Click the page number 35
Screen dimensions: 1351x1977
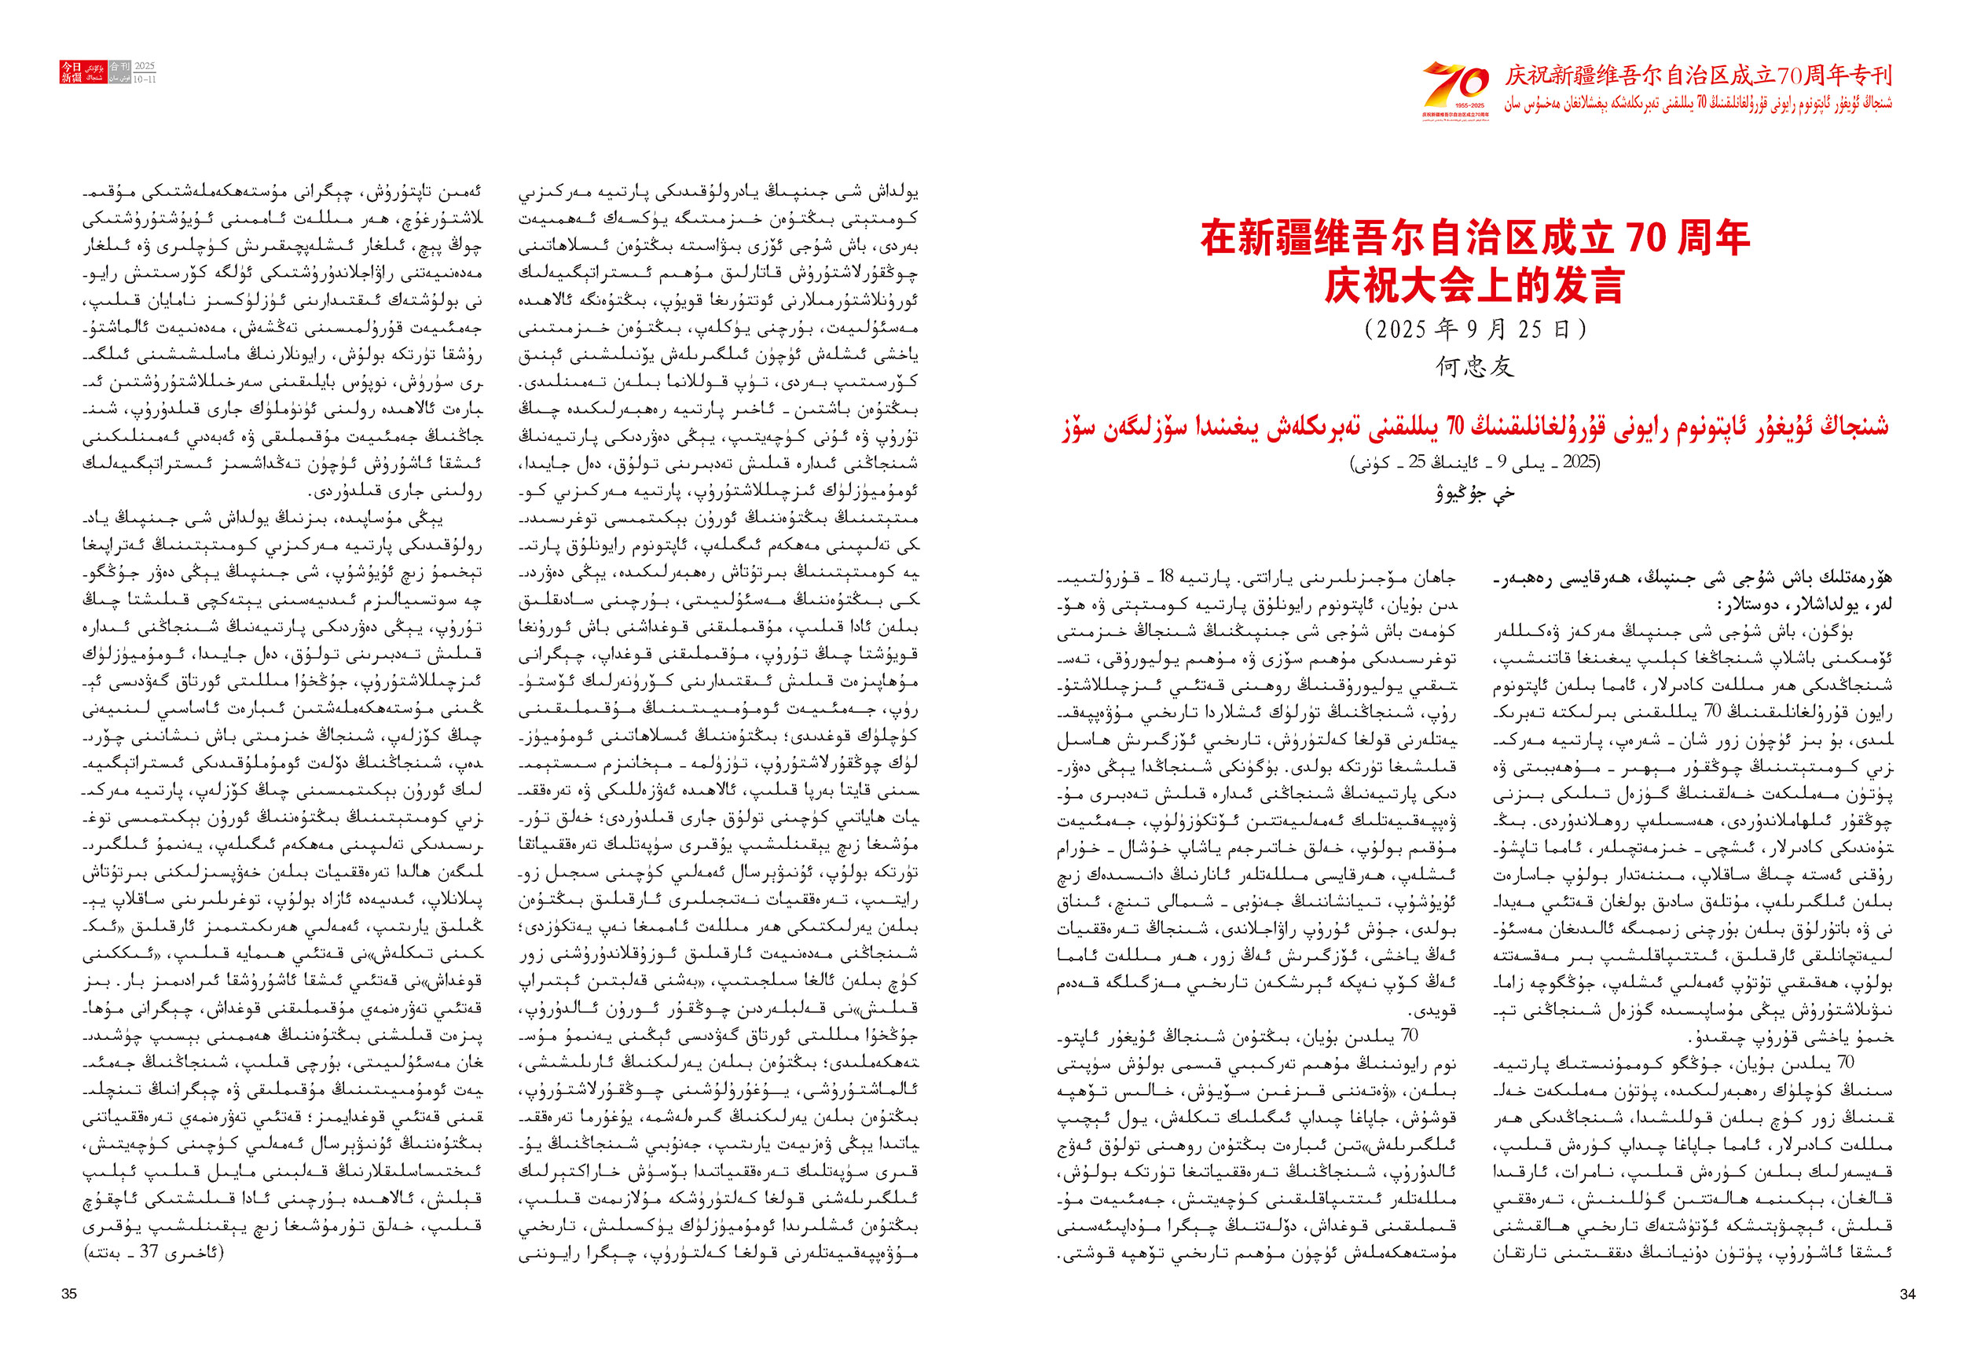pyautogui.click(x=69, y=1293)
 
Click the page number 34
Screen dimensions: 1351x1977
pyautogui.click(x=1907, y=1293)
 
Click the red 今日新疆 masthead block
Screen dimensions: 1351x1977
pyautogui.click(x=72, y=72)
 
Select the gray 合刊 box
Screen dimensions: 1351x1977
pyautogui.click(x=120, y=66)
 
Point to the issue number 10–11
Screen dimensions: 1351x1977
pyautogui.click(x=145, y=79)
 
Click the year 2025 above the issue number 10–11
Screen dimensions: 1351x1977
pyautogui.click(x=145, y=66)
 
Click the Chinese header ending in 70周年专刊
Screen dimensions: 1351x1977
pyautogui.click(x=1698, y=75)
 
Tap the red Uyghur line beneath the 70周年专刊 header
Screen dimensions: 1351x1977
pyautogui.click(x=1698, y=104)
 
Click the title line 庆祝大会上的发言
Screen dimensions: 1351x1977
pyautogui.click(x=1474, y=286)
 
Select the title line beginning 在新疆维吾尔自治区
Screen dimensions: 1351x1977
pyautogui.click(x=1474, y=238)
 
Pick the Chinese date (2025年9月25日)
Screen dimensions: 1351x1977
pyautogui.click(x=1474, y=329)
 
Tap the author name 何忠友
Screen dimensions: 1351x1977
pyautogui.click(x=1474, y=367)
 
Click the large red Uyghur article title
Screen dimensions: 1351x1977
pyautogui.click(x=1474, y=426)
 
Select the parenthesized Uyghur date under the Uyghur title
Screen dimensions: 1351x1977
pyautogui.click(x=1474, y=463)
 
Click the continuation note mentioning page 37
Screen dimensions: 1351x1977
pyautogui.click(x=154, y=1252)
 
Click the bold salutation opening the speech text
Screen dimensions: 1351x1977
pyautogui.click(x=1693, y=591)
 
